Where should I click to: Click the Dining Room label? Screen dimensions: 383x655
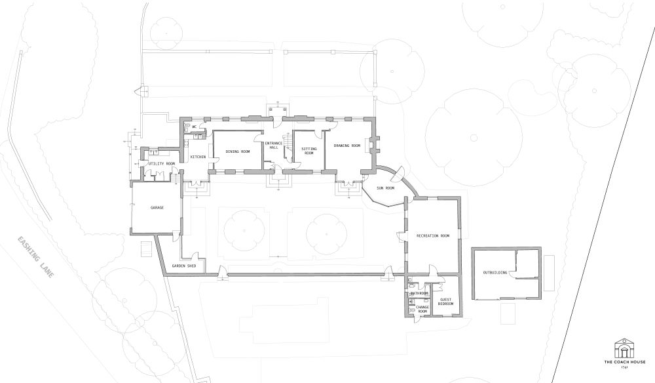click(x=238, y=151)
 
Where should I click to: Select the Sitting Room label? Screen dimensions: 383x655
click(x=309, y=150)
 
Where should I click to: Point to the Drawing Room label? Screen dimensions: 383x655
click(x=346, y=145)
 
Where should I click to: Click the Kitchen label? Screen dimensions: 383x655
click(x=198, y=157)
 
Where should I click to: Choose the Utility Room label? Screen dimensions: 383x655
click(x=162, y=163)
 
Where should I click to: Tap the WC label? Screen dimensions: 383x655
click(x=195, y=127)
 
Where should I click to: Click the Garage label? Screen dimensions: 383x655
click(x=157, y=207)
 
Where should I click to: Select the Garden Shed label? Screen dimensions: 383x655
click(x=184, y=266)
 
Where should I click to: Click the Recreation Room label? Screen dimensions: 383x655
click(x=433, y=235)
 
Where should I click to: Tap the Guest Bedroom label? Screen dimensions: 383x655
click(x=445, y=302)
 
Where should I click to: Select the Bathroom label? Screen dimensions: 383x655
click(x=419, y=293)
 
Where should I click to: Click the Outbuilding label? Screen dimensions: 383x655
click(x=495, y=272)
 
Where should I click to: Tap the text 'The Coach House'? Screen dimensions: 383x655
click(x=624, y=363)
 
